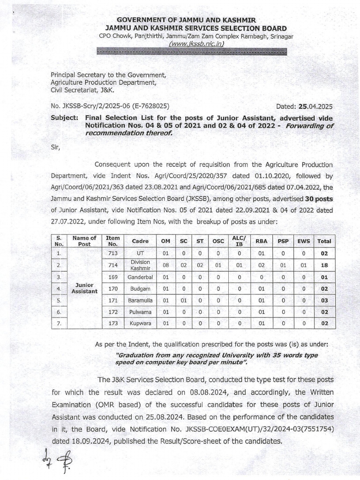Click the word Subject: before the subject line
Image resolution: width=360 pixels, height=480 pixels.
pyautogui.click(x=64, y=118)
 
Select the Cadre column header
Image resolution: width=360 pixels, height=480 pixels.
pyautogui.click(x=140, y=241)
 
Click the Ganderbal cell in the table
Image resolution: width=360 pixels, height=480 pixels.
pyautogui.click(x=140, y=277)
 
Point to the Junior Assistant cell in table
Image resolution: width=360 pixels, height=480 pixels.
pyautogui.click(x=84, y=288)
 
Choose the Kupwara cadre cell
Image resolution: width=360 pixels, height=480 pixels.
pyautogui.click(x=140, y=323)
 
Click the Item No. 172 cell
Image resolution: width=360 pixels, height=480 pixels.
pyautogui.click(x=112, y=312)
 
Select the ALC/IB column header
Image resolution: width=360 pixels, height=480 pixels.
pyautogui.click(x=239, y=241)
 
